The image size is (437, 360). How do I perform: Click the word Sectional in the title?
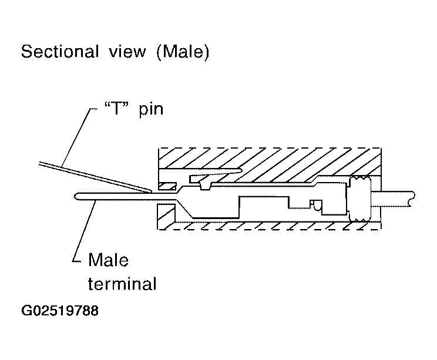60,51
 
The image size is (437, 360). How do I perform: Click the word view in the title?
127,52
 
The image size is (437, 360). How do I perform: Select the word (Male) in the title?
183,52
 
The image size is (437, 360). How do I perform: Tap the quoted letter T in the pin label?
117,108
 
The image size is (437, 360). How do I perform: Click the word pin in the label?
151,109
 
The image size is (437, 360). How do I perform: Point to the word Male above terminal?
108,260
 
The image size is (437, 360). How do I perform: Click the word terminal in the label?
122,284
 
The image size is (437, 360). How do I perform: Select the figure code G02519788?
60,311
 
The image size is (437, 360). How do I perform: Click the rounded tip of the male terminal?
76,196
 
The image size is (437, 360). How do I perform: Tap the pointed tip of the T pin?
151,191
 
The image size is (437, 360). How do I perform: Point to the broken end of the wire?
412,198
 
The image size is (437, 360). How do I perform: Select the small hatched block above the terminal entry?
167,186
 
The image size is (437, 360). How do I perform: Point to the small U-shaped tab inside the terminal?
317,205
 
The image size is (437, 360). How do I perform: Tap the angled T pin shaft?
95,177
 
